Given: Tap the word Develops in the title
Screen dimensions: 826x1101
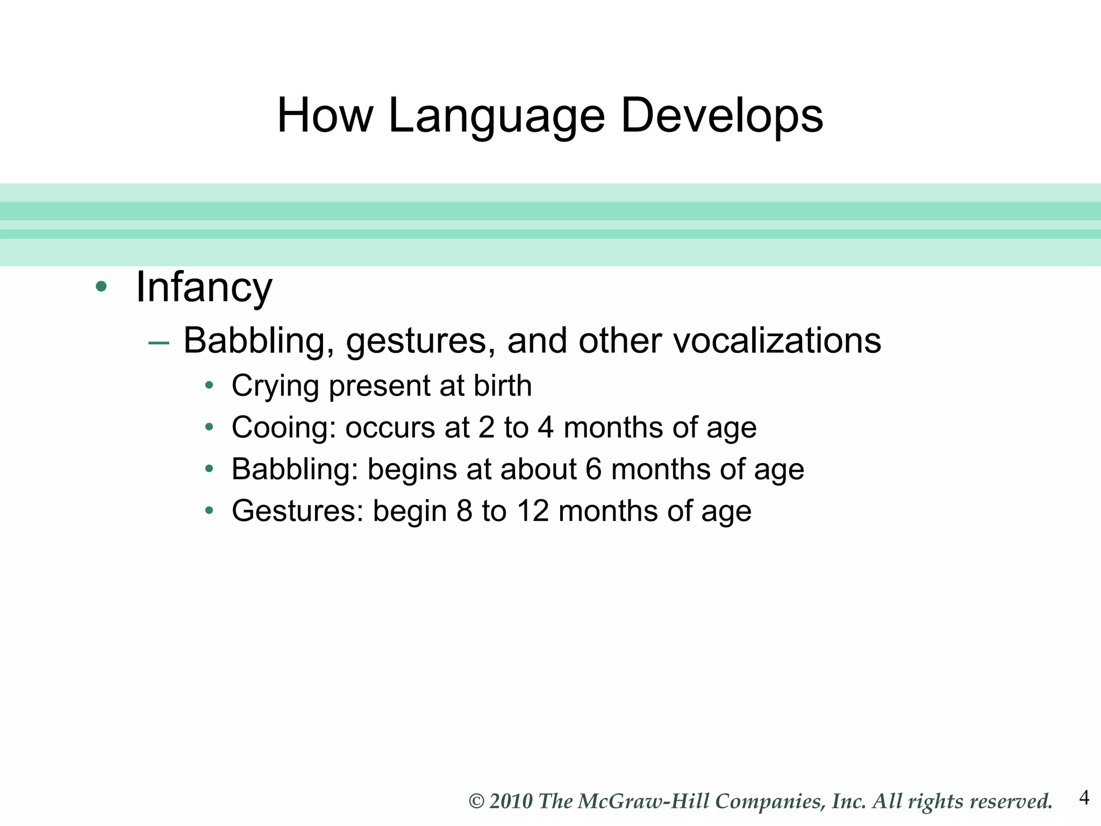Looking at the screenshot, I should click(721, 116).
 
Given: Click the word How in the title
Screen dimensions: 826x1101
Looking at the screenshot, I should click(325, 116).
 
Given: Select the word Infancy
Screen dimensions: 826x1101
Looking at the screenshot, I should click(204, 288).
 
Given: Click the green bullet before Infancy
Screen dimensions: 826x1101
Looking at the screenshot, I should click(101, 286).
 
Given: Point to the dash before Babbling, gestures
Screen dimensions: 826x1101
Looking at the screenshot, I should click(159, 343).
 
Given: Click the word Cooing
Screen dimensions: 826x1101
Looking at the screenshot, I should click(283, 428).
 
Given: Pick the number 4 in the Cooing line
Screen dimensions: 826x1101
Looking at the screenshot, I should click(545, 428).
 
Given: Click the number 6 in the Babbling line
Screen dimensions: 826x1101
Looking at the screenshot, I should click(593, 469).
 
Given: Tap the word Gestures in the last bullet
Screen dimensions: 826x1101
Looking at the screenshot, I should click(297, 511).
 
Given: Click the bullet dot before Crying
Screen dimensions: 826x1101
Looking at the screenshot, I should click(210, 385).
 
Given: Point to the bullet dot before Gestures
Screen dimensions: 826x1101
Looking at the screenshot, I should click(210, 510).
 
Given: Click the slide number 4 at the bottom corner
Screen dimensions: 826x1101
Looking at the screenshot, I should click(1084, 797).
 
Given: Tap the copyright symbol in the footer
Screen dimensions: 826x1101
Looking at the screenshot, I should click(476, 802).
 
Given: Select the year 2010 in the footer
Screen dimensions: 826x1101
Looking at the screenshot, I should click(511, 802).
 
